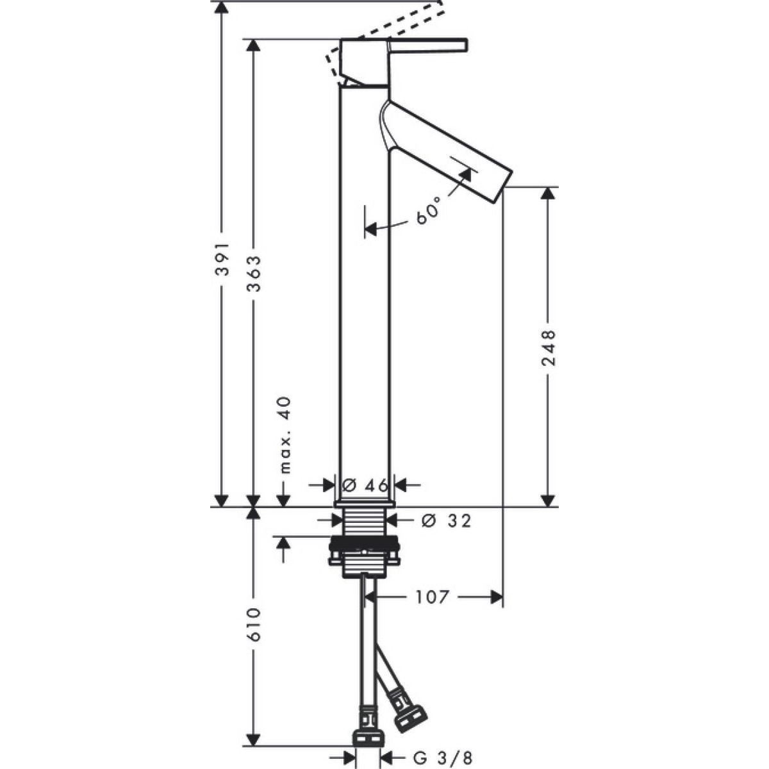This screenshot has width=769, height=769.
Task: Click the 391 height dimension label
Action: pyautogui.click(x=222, y=259)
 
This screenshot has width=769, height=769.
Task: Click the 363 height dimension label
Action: pyautogui.click(x=253, y=274)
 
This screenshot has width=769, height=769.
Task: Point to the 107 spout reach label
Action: pyautogui.click(x=433, y=608)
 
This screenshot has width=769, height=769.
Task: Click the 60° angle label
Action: pyautogui.click(x=428, y=210)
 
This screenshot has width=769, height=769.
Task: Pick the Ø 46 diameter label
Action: pyautogui.click(x=365, y=486)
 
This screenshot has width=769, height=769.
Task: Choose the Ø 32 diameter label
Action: pyautogui.click(x=447, y=520)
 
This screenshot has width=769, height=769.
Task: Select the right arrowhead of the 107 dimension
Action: pyautogui.click(x=497, y=608)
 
